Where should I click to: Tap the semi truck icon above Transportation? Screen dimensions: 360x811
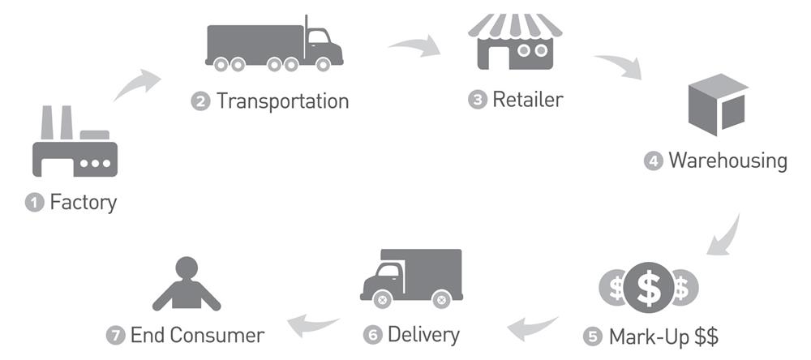coord(273,44)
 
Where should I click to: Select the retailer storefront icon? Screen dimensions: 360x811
coord(514,41)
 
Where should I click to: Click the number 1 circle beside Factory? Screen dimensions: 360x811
coord(34,203)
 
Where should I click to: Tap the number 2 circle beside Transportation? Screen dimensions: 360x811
coord(200,102)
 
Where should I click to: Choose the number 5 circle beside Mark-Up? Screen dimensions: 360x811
coord(592,336)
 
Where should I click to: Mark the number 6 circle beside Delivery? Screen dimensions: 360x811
coord(372,335)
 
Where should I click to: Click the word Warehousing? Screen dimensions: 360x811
coord(727,161)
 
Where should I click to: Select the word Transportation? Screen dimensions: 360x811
coord(282,101)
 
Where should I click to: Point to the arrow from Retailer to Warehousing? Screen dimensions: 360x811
coord(619,66)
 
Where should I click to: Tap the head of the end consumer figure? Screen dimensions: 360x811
coord(187,267)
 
